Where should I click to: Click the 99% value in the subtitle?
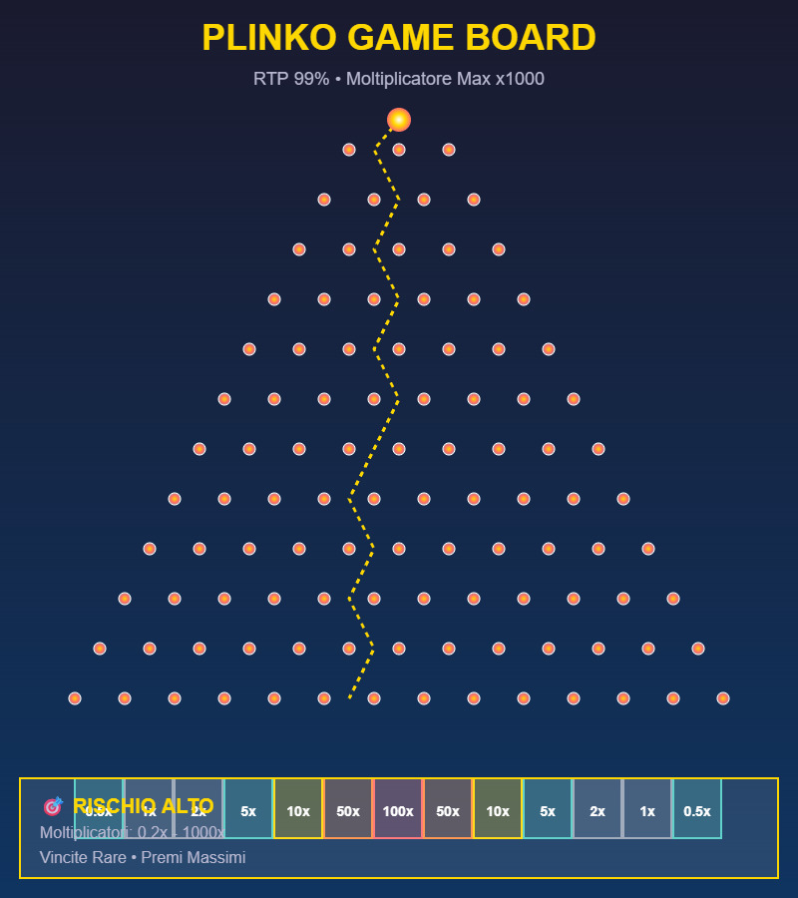[310, 79]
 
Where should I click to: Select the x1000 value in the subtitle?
[520, 79]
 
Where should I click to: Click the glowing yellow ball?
[399, 120]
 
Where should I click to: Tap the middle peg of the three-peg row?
[399, 150]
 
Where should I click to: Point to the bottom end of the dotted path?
[349, 697]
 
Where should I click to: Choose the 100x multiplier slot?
[398, 811]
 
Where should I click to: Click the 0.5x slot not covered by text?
[697, 811]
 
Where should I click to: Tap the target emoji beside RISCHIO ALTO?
[53, 806]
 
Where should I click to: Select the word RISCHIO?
[116, 806]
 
